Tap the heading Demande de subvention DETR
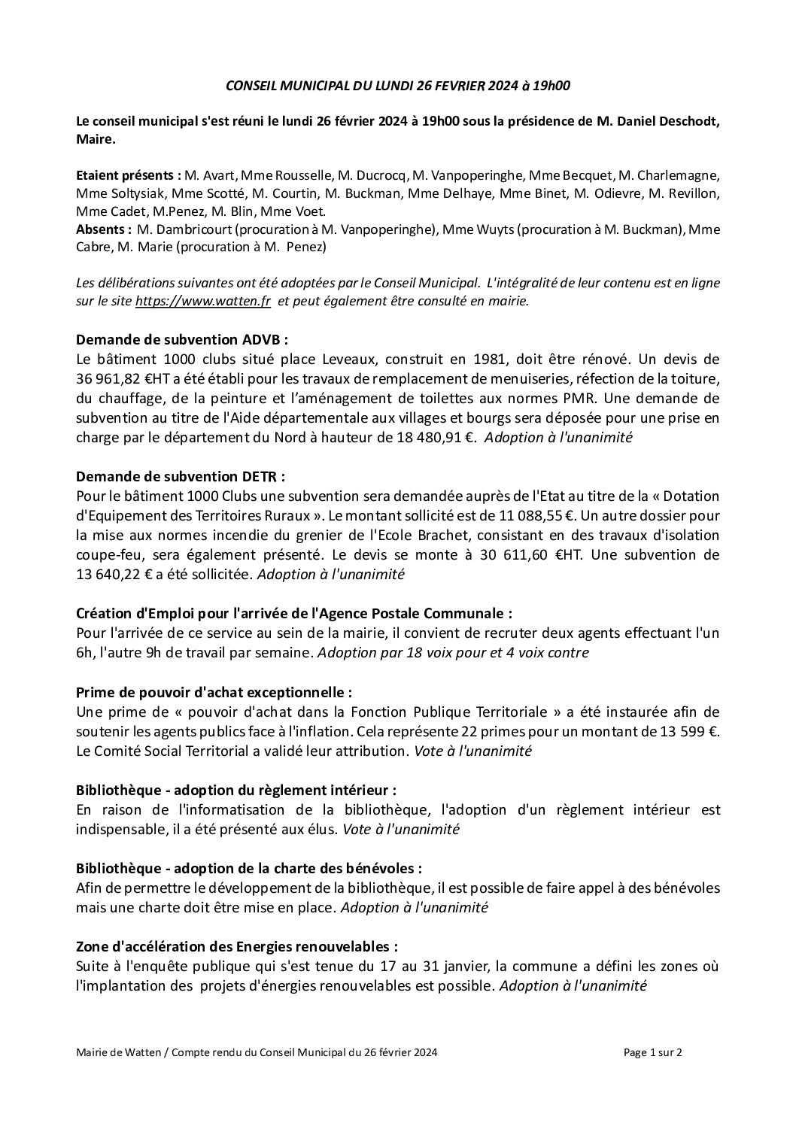(x=181, y=476)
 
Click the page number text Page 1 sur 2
(x=653, y=1074)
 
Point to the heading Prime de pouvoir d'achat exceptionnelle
(x=214, y=691)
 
